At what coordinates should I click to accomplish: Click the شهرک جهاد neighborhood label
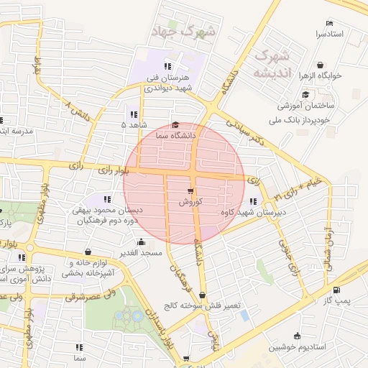pos(185,31)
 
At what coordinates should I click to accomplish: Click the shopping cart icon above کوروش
pos(190,191)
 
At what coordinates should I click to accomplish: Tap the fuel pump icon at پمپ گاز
pos(337,290)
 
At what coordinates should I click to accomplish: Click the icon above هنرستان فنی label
pos(168,66)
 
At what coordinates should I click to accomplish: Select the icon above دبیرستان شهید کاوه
pos(253,202)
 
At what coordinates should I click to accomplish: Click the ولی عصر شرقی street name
pos(93,295)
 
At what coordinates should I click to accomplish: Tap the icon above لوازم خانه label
pos(88,252)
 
